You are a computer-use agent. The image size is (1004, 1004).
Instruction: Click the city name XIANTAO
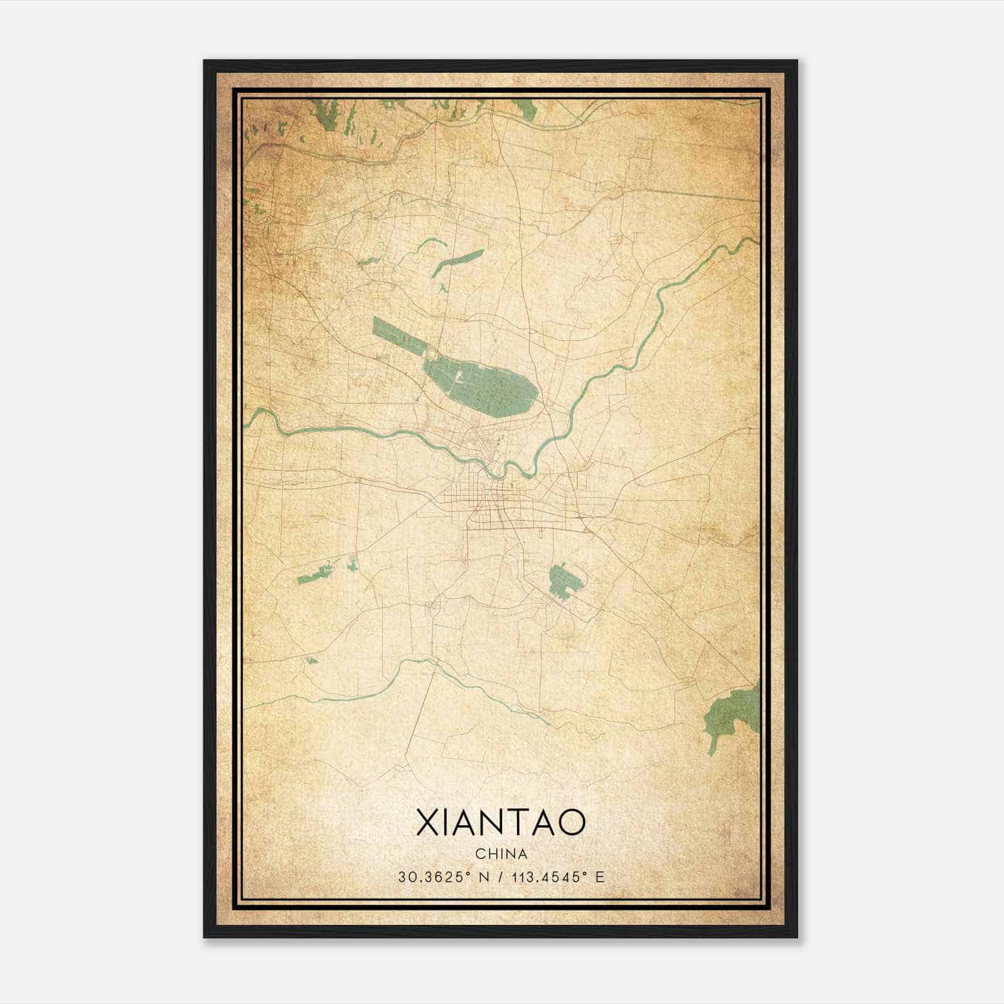click(501, 823)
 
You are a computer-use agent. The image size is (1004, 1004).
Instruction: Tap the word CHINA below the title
click(501, 854)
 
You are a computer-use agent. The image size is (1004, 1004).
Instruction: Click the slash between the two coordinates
click(501, 877)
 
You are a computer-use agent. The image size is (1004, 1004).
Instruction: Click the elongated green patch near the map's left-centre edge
click(318, 573)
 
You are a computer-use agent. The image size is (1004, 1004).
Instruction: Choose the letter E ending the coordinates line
click(601, 877)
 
